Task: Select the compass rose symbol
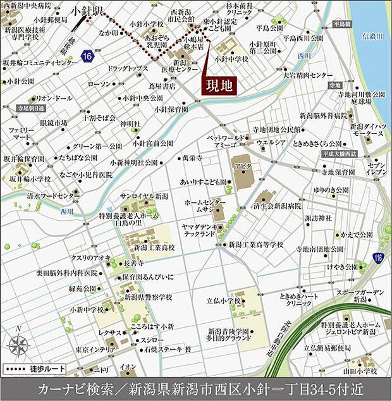pos(19,345)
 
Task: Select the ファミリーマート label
pos(20,133)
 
